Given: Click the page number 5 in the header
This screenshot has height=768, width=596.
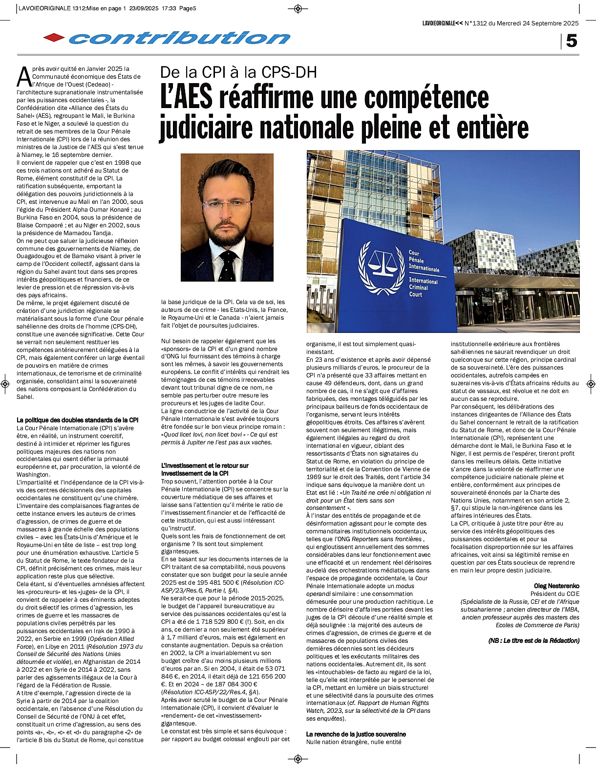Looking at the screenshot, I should click(571, 41).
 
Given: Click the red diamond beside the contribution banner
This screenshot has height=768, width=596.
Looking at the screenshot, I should click(54, 38).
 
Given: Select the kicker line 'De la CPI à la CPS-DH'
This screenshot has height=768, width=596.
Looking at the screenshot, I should click(239, 72).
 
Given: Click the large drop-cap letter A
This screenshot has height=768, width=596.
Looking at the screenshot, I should click(23, 77).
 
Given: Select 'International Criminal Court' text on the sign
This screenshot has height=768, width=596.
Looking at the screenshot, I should click(423, 287).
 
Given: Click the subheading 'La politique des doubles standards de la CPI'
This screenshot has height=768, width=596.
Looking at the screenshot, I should click(78, 420).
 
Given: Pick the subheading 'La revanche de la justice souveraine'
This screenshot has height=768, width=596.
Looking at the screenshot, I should click(356, 734).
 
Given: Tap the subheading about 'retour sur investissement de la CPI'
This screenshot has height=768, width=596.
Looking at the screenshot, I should click(205, 469).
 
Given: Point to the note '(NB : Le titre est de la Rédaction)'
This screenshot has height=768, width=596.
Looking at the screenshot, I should click(533, 640).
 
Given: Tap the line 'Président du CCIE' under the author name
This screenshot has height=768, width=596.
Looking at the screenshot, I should click(555, 594).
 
